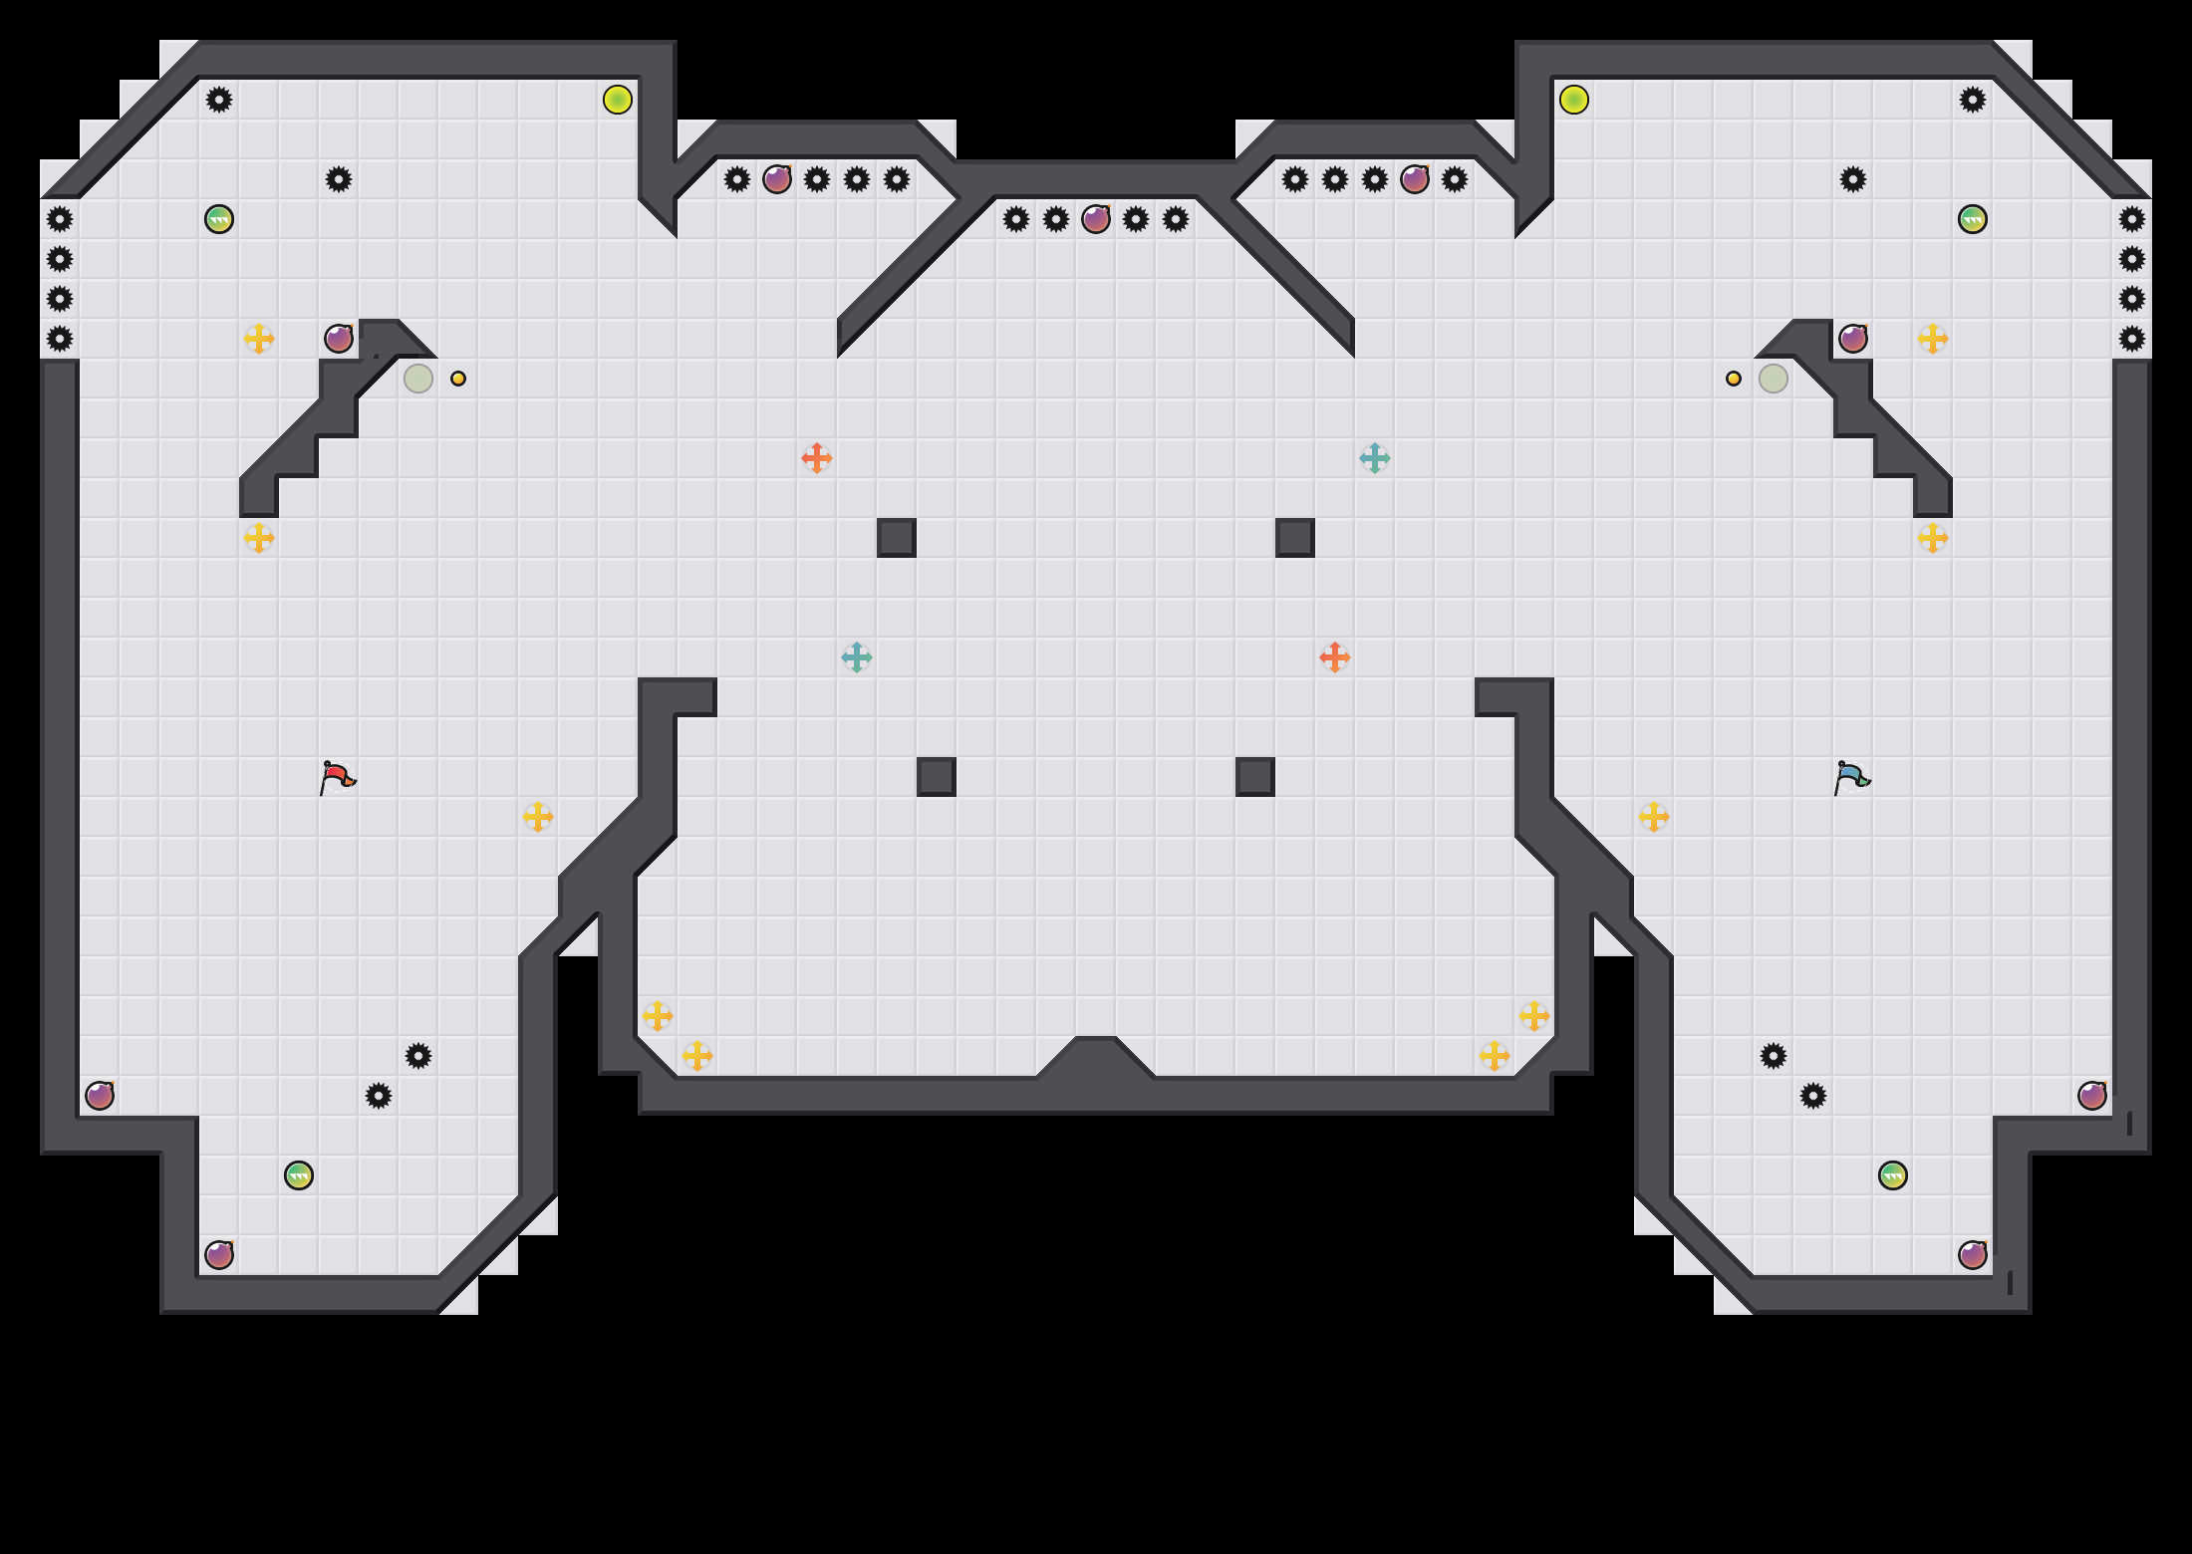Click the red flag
tap(337, 777)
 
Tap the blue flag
tap(1851, 777)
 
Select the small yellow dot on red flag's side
tap(458, 379)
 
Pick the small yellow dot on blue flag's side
tap(1734, 379)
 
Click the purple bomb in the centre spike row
tap(1096, 219)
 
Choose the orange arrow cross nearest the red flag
tap(817, 458)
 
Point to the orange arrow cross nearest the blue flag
tap(1335, 657)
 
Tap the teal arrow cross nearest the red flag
tap(857, 657)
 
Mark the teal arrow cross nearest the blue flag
tap(1375, 458)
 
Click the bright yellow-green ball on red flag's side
tap(618, 100)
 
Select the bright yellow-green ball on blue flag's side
tap(1574, 100)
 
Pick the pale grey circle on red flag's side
tap(418, 379)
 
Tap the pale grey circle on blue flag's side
tap(1774, 379)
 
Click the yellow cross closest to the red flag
tap(538, 817)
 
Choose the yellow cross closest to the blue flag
tap(1654, 817)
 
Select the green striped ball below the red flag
tap(299, 1175)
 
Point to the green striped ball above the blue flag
tap(1973, 219)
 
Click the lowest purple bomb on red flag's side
tap(219, 1255)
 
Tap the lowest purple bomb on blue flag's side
tap(1973, 1255)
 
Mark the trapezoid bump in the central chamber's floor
tap(1096, 1058)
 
